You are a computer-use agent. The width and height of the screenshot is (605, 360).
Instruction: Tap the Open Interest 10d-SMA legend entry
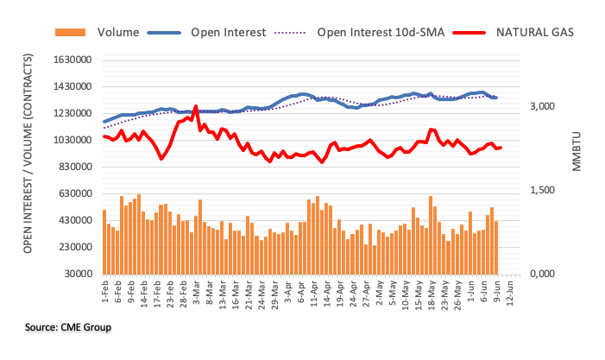tap(378, 33)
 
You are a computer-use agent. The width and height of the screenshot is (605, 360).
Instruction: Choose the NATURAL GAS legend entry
tap(535, 33)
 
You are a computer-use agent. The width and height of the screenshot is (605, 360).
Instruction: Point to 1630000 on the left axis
tap(72, 60)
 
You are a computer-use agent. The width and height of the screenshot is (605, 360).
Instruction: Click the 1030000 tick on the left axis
tap(72, 141)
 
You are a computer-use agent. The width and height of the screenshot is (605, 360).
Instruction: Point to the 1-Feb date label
tap(104, 294)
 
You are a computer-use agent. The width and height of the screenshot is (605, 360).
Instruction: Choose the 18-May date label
tap(430, 295)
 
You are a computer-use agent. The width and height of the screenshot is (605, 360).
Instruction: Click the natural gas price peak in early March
tap(196, 107)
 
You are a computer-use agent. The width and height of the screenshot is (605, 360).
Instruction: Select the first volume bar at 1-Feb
tap(104, 242)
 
